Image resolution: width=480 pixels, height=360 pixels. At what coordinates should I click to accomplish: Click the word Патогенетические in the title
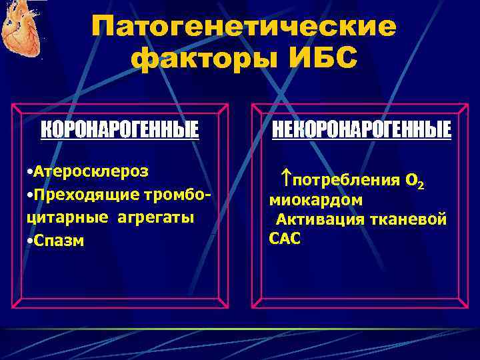[243, 27]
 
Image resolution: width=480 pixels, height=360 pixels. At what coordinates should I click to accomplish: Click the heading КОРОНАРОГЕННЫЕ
[120, 130]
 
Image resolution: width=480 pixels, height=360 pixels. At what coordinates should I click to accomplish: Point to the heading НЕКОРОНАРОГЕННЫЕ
[360, 130]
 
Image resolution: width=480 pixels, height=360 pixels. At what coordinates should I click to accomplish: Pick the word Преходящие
[80, 194]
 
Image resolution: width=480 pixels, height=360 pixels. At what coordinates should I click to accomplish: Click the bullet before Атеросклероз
[25, 171]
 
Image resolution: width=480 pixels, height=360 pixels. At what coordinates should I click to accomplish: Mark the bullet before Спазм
[25, 241]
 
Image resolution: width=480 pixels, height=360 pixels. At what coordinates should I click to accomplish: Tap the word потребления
[346, 180]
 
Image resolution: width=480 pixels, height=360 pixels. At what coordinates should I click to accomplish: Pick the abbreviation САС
[285, 238]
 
